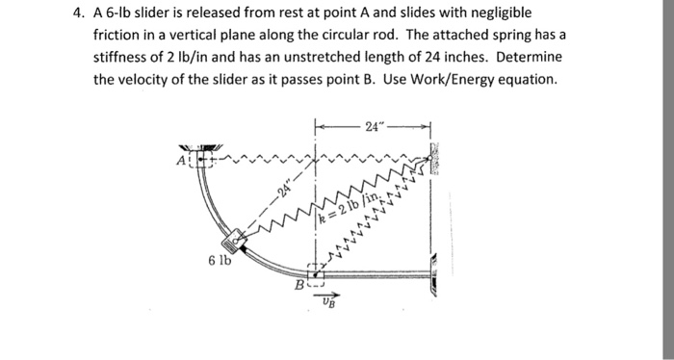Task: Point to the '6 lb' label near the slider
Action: point(217,260)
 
